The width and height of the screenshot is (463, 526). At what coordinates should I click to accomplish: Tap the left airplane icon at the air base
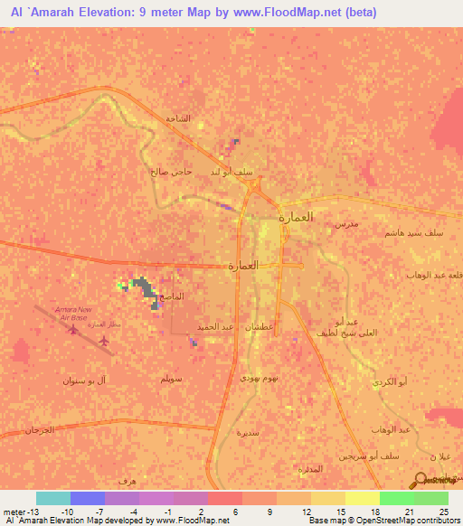click(72, 330)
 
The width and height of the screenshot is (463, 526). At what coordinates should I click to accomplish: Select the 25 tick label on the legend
click(443, 512)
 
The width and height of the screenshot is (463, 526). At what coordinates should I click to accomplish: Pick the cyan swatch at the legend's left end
click(53, 498)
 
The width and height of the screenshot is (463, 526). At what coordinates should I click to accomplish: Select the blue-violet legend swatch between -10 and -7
click(88, 498)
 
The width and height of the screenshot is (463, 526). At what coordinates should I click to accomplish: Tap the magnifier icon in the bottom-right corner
click(422, 480)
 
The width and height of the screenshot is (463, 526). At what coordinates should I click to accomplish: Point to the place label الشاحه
click(176, 119)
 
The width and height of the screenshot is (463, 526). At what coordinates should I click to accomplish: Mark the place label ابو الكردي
click(389, 382)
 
